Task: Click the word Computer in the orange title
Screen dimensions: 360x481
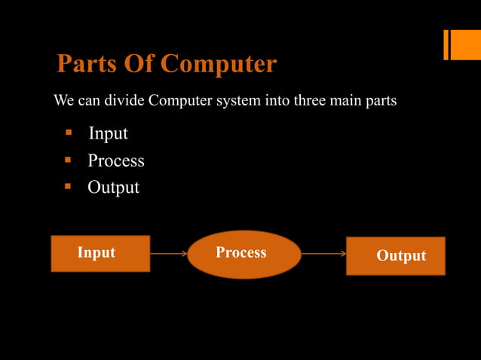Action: click(x=219, y=65)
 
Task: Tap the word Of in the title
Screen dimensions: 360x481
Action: click(x=140, y=65)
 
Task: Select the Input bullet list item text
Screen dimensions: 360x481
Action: click(x=108, y=134)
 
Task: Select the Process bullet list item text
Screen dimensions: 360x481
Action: click(x=115, y=160)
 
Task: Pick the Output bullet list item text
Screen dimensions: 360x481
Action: click(x=113, y=187)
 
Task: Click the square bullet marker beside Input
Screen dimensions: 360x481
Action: click(x=68, y=133)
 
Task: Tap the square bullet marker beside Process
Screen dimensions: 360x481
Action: click(x=68, y=160)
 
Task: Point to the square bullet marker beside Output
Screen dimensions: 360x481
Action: click(x=68, y=185)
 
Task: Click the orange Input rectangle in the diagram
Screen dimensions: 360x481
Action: click(x=100, y=253)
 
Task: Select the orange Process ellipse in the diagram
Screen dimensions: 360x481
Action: click(x=244, y=255)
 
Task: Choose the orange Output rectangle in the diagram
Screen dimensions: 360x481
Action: click(x=395, y=256)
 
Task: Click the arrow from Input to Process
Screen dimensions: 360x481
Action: click(x=168, y=254)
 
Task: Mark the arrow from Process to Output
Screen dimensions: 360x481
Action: click(x=323, y=254)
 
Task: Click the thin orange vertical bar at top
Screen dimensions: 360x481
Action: click(x=446, y=44)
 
